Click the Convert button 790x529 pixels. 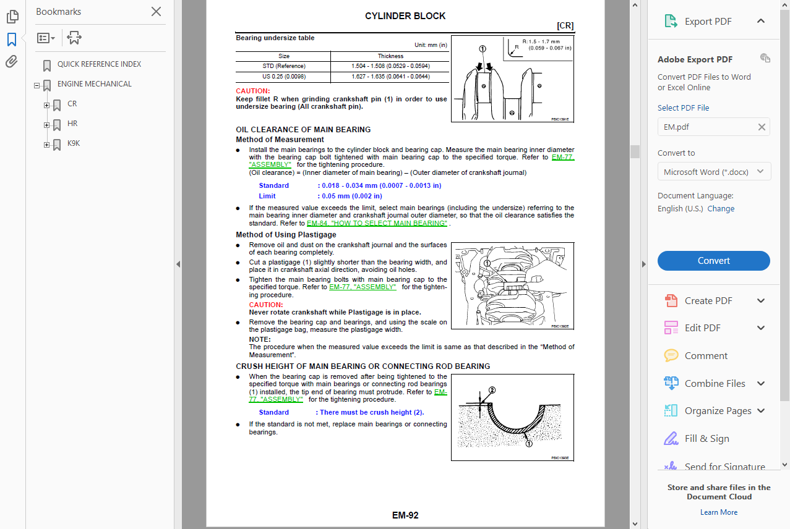click(713, 261)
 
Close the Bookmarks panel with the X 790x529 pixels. click(157, 12)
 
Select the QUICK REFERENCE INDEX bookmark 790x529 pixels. click(99, 64)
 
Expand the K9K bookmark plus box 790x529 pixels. click(46, 145)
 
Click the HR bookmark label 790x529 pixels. click(72, 124)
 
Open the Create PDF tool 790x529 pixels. click(708, 301)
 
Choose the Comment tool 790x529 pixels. click(705, 356)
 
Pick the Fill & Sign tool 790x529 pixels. click(706, 439)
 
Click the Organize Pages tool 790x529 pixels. click(718, 411)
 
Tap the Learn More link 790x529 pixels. click(718, 512)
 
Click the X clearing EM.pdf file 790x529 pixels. click(762, 127)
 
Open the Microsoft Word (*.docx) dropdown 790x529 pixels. click(713, 172)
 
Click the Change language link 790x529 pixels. click(721, 209)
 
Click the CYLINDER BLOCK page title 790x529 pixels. click(405, 16)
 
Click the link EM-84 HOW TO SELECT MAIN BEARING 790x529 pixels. click(377, 224)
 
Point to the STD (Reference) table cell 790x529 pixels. click(283, 66)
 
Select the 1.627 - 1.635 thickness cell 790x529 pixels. click(390, 77)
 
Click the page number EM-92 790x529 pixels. click(405, 515)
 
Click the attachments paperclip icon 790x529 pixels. click(12, 62)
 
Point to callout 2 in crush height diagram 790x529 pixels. click(492, 391)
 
